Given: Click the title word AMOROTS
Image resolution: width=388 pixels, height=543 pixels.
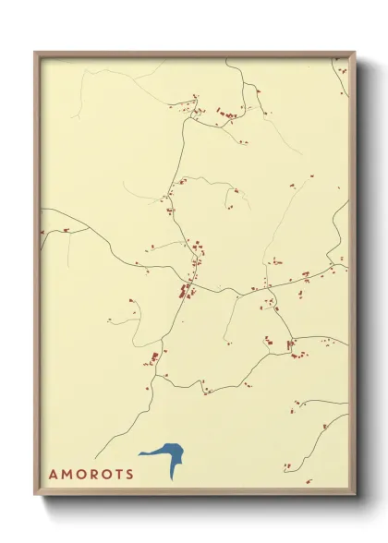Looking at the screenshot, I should click(91, 475).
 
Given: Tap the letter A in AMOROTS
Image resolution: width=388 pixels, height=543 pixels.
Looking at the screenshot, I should click(53, 475).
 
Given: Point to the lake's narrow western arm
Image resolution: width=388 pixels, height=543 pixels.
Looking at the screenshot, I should click(145, 453).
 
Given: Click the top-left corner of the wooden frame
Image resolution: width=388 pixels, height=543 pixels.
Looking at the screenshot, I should click(36, 53).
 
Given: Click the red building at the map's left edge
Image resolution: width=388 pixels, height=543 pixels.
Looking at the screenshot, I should click(41, 231).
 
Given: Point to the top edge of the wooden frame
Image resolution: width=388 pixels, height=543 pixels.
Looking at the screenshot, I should click(194, 53).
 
